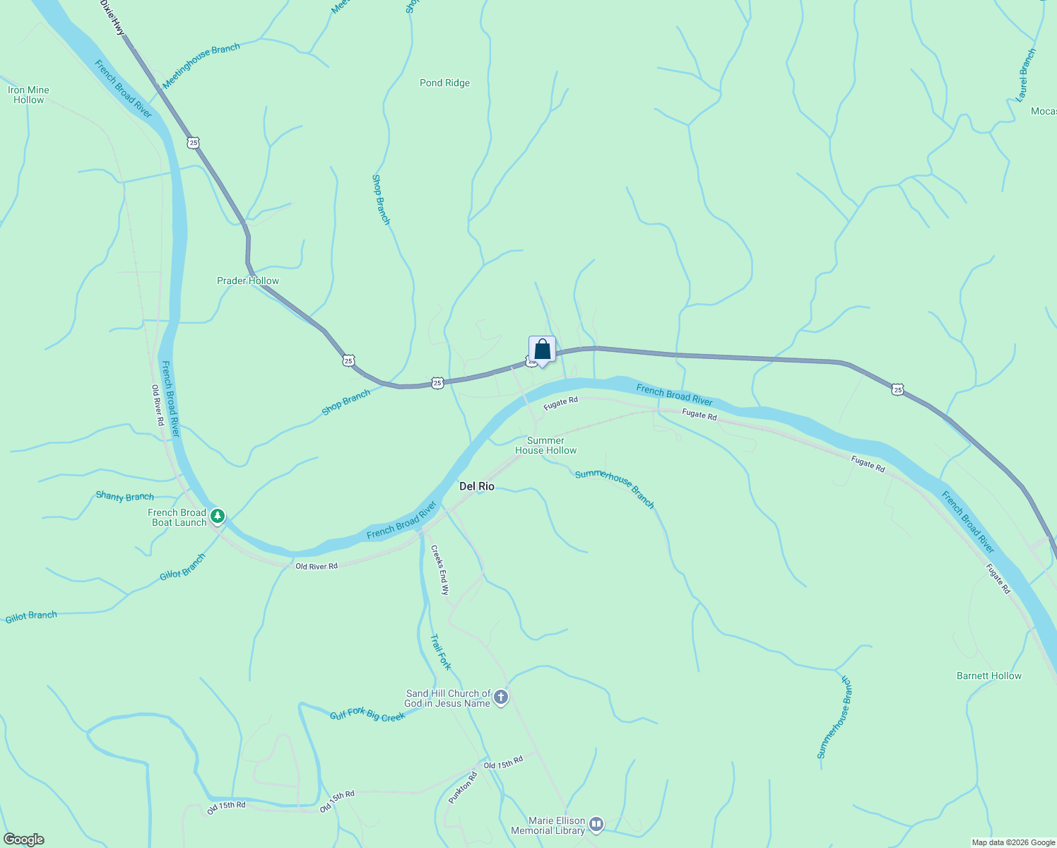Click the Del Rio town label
[477, 486]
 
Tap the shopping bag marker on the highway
[542, 350]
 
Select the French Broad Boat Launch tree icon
[218, 517]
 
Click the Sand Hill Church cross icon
[500, 698]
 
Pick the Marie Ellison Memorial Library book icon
[596, 824]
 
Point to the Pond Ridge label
[444, 83]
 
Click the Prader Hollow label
[248, 281]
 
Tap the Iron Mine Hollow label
[28, 95]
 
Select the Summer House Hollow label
[545, 445]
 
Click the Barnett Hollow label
[988, 676]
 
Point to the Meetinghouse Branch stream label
[201, 65]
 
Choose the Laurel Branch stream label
[1026, 75]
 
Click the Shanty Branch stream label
[125, 496]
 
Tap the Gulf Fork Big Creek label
[367, 715]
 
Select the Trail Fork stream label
[440, 652]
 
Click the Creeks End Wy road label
[439, 570]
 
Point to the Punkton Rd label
[463, 788]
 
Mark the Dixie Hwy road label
[112, 18]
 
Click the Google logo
[24, 840]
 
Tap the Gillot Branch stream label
[31, 616]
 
